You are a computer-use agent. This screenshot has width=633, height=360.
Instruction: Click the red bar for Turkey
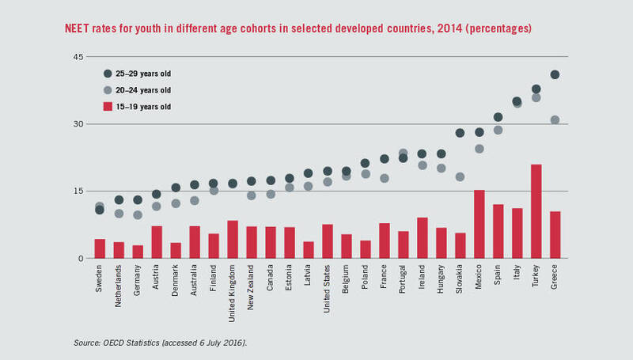coord(536,211)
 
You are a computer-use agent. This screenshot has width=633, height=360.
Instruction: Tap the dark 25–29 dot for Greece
coord(555,75)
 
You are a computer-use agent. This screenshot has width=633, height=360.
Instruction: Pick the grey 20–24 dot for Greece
coord(555,120)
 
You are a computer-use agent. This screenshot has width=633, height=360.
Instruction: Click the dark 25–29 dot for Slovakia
coord(460,133)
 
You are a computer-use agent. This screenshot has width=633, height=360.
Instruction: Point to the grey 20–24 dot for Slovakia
coord(460,177)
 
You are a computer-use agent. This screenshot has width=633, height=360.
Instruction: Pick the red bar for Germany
coord(138,252)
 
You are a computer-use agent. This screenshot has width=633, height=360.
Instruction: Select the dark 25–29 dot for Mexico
coord(479,132)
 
